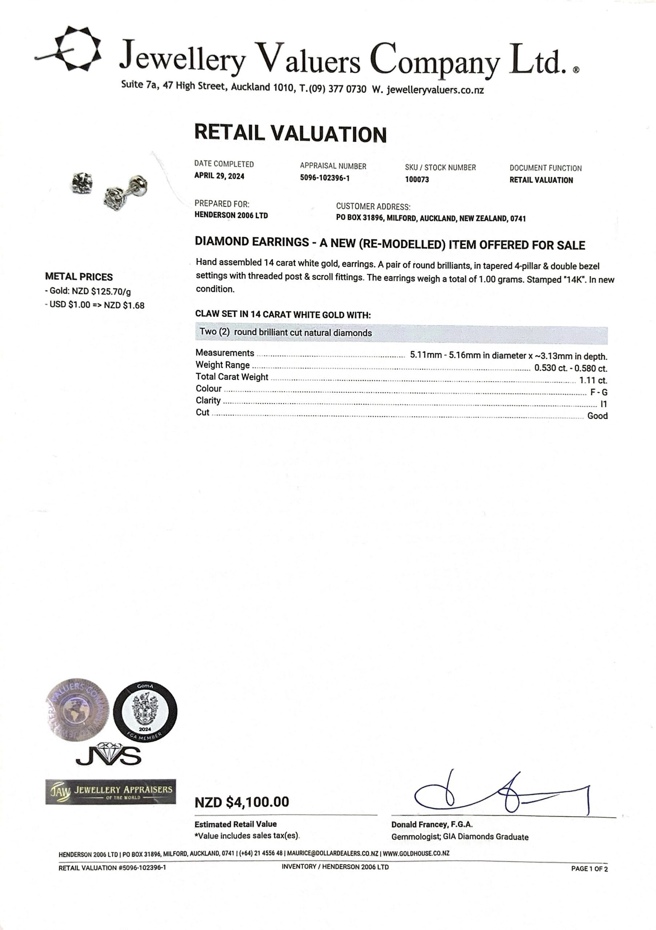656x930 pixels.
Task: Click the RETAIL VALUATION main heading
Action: (290, 133)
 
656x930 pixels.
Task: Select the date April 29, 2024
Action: (219, 176)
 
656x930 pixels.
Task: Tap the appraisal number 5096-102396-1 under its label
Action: (324, 178)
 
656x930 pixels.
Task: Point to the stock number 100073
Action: (417, 179)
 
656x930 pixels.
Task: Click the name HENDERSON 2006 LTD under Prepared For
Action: (231, 215)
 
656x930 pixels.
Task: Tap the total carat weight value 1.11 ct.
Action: (593, 380)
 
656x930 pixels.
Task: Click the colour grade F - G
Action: (599, 392)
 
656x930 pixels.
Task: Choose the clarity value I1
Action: (603, 404)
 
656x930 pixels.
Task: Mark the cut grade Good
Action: (597, 416)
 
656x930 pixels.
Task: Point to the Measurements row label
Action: (225, 353)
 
